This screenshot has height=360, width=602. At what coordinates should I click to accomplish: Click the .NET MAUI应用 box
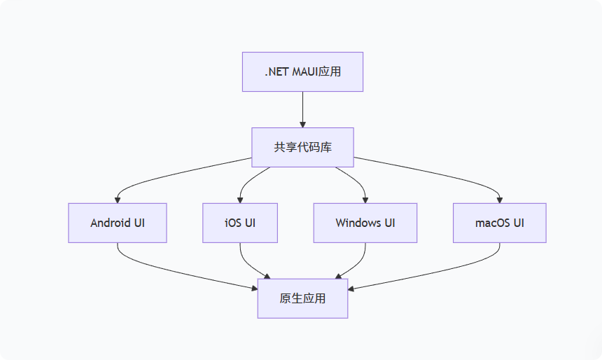(302, 71)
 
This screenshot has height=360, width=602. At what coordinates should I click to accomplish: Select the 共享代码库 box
(302, 147)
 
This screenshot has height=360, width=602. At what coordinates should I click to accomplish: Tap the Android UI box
(118, 223)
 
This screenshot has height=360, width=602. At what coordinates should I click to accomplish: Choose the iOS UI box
(240, 223)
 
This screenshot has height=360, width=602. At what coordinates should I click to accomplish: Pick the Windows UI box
(365, 223)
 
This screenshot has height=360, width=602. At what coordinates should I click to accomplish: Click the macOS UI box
(499, 223)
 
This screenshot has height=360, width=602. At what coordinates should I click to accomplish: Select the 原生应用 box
(302, 298)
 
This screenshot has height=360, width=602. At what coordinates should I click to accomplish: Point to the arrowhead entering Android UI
(118, 200)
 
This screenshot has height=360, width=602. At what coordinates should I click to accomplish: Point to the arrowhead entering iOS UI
(240, 200)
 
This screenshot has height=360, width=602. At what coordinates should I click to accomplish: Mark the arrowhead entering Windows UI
(365, 200)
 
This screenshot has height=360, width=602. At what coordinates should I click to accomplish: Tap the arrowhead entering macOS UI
(499, 200)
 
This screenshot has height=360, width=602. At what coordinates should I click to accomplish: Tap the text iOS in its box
(233, 223)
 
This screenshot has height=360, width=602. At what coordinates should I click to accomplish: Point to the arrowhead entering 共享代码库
(302, 124)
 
